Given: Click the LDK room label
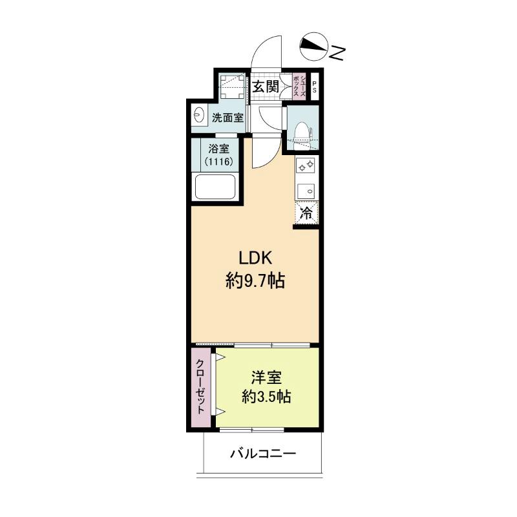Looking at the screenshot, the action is (255, 258).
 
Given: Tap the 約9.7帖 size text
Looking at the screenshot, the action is (255, 281).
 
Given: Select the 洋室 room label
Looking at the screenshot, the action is (266, 377).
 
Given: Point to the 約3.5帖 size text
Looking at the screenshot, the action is (266, 397).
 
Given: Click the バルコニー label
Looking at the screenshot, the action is (263, 454).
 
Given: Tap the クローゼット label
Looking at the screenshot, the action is (200, 386).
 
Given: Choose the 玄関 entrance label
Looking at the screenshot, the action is (266, 87).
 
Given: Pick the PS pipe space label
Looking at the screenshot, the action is (314, 87).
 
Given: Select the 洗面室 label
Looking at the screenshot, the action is (228, 118).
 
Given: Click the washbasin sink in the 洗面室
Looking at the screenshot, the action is (200, 115).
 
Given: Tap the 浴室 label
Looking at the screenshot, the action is (218, 149).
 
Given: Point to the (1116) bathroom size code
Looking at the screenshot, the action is (219, 162).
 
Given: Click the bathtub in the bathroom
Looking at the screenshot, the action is (216, 187).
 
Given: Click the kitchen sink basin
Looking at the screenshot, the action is (306, 191).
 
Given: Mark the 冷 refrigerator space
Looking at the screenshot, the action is (306, 213).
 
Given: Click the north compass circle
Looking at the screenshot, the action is (314, 47).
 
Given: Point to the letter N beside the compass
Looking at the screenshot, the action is (337, 53).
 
